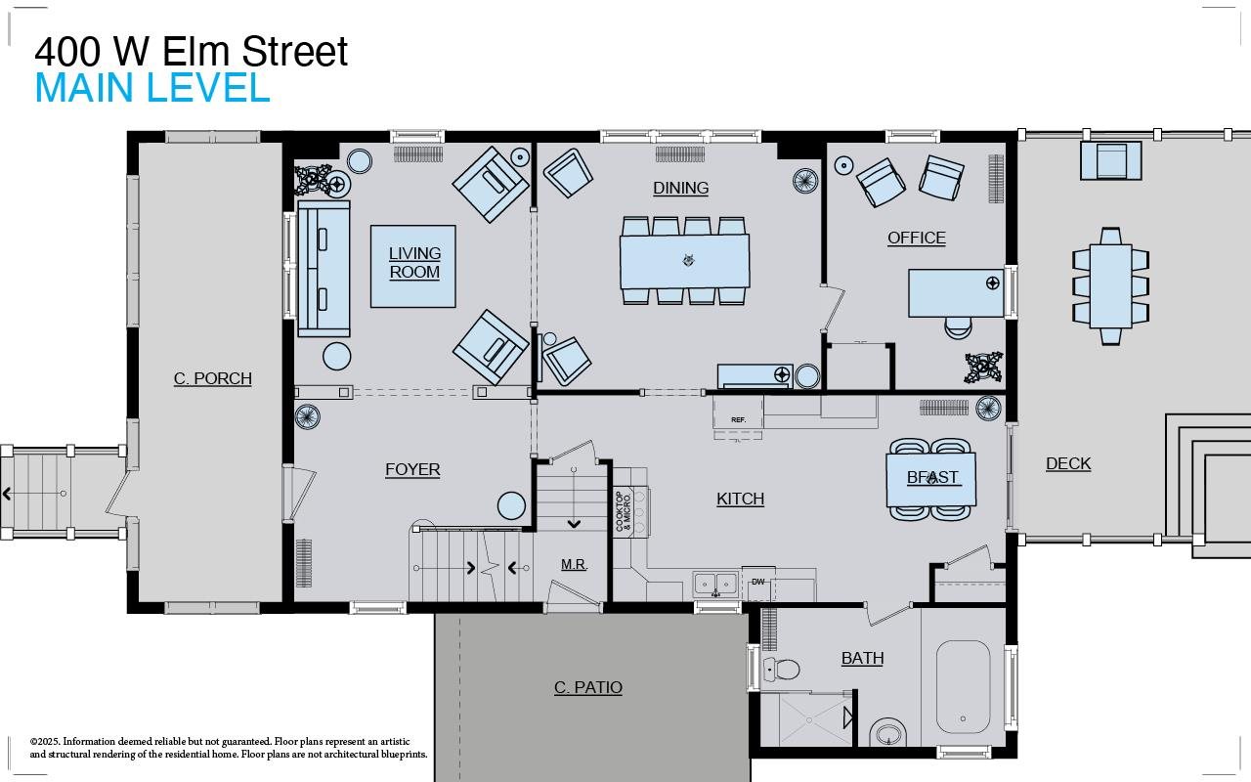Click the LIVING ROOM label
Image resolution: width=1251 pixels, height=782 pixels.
[x=414, y=263]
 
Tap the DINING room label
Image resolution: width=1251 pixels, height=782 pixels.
[x=680, y=188]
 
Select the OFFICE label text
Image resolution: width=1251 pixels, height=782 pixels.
[x=916, y=238]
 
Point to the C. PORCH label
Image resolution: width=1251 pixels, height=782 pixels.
[x=212, y=378]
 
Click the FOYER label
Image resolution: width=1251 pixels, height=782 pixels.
[x=412, y=469]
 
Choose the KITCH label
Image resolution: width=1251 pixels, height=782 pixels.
[x=740, y=499]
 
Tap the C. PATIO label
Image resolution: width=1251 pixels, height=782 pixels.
[x=587, y=687]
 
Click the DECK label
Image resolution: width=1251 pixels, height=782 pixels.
[x=1067, y=463]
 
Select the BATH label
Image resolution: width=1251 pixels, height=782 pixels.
[x=862, y=658]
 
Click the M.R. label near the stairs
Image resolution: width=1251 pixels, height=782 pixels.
[x=574, y=564]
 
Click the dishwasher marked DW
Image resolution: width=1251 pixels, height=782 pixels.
[x=758, y=583]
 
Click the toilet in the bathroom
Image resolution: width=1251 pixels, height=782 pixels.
[x=781, y=670]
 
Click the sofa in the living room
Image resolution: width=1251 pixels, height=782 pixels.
[x=324, y=268]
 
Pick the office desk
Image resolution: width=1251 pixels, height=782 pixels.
[x=956, y=293]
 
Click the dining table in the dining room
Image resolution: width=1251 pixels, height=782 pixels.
[x=684, y=260]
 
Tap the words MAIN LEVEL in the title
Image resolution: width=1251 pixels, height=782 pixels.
[x=152, y=88]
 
